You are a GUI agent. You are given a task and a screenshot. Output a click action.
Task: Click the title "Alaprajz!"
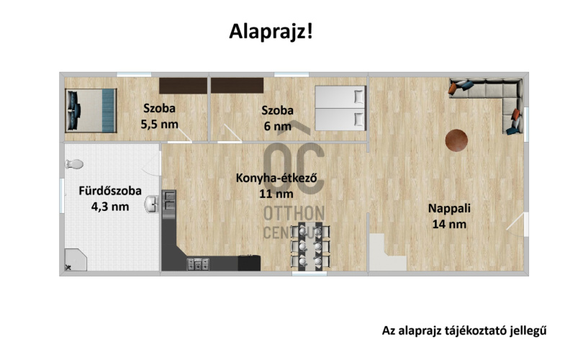pos(271,32)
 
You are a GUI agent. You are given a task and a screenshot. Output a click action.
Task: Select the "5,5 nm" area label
pos(159,124)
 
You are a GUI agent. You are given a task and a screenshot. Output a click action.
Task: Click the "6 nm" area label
pos(277,126)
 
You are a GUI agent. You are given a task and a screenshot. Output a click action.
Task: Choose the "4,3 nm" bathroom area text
pos(110,207)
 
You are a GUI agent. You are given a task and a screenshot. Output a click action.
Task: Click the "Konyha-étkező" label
pos(276,179)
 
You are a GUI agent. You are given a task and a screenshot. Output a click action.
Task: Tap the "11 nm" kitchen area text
pos(276,194)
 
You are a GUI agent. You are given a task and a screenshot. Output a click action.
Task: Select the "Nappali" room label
pos(449,209)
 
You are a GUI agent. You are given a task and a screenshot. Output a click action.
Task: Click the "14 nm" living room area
pos(449,224)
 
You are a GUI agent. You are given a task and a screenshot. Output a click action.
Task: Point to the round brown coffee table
pos(456,140)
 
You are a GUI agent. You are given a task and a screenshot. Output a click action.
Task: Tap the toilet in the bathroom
pos(73,163)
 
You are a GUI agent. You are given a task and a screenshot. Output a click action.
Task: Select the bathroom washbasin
pos(151,206)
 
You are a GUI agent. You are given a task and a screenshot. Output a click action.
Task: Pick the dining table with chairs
pos(311,247)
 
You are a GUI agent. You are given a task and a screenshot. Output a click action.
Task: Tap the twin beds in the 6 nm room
pos(340,107)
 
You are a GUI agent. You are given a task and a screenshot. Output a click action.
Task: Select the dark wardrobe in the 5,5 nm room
pos(183,85)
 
